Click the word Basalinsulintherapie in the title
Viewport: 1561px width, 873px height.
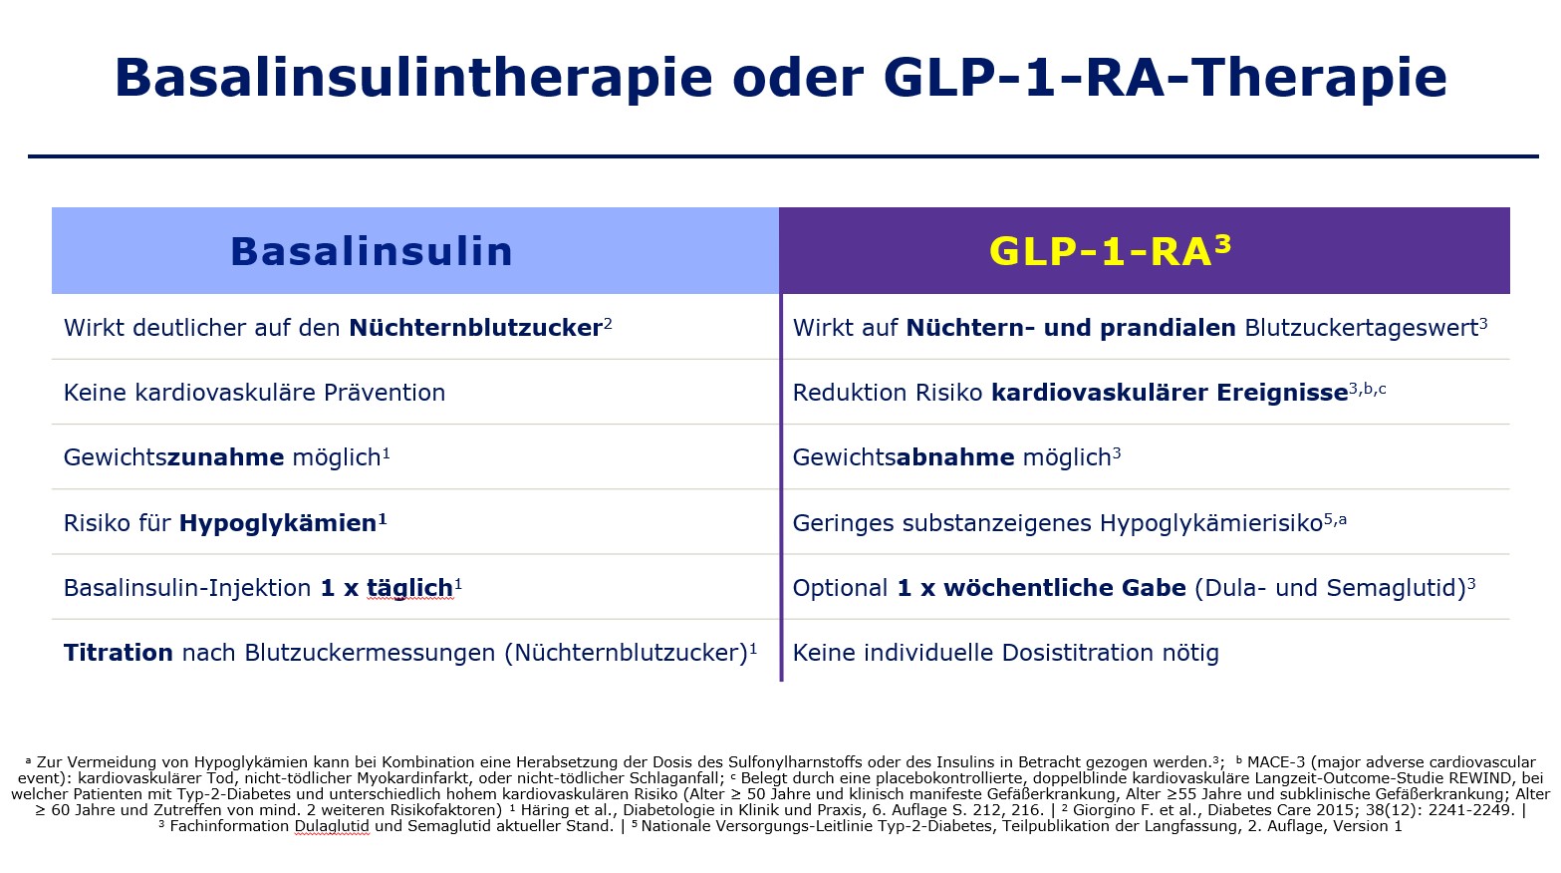coord(413,78)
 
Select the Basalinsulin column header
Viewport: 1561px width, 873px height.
coord(371,251)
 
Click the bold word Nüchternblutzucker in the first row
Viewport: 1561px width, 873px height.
coord(475,328)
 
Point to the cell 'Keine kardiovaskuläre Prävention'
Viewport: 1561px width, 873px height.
coord(254,393)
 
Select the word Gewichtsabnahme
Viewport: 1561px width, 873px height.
coord(903,457)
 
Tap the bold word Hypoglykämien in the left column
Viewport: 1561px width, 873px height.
coord(278,523)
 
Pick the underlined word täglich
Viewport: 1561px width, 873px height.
coord(409,588)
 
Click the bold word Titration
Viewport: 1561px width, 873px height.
coord(119,653)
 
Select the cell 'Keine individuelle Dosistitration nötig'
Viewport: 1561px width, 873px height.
coord(1005,653)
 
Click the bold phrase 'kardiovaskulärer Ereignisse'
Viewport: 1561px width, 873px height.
coord(1169,393)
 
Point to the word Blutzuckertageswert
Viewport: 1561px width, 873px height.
coord(1361,328)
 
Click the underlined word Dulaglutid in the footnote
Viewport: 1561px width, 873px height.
coord(331,826)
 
